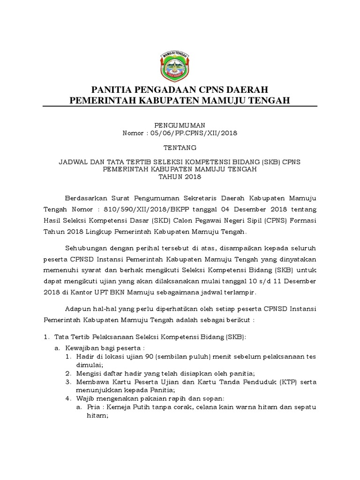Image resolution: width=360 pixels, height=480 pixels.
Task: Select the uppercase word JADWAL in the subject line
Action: [72, 162]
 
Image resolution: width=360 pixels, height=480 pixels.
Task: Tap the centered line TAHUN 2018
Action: [180, 177]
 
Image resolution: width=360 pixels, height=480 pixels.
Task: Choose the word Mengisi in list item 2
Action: [89, 373]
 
